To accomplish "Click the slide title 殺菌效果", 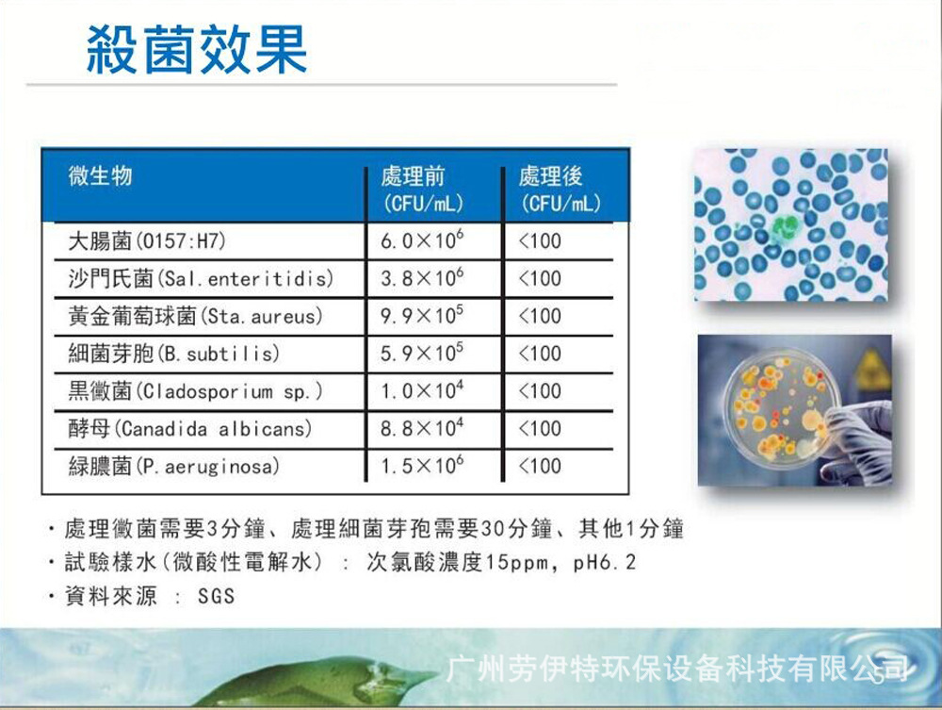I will click(x=196, y=49).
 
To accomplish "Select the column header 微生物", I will click(x=100, y=175).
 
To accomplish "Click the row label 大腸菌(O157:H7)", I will click(x=147, y=240).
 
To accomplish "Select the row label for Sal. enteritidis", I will click(x=201, y=278).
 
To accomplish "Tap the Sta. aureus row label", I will click(x=195, y=316).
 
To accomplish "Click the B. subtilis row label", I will click(x=174, y=354).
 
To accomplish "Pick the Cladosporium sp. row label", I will click(x=195, y=391).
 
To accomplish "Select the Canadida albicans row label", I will click(x=189, y=429).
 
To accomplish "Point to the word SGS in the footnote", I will click(x=216, y=597).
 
